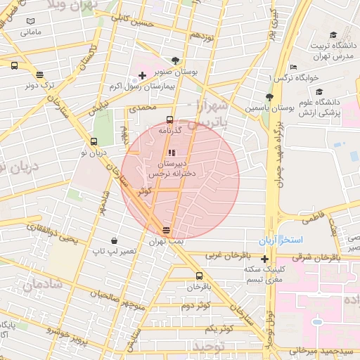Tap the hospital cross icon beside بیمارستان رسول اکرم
[142, 75]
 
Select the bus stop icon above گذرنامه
[169, 120]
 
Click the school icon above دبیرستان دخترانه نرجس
[172, 153]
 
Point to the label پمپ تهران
[166, 241]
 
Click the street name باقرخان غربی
[225, 255]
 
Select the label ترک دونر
[40, 85]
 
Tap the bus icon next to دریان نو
[94, 141]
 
